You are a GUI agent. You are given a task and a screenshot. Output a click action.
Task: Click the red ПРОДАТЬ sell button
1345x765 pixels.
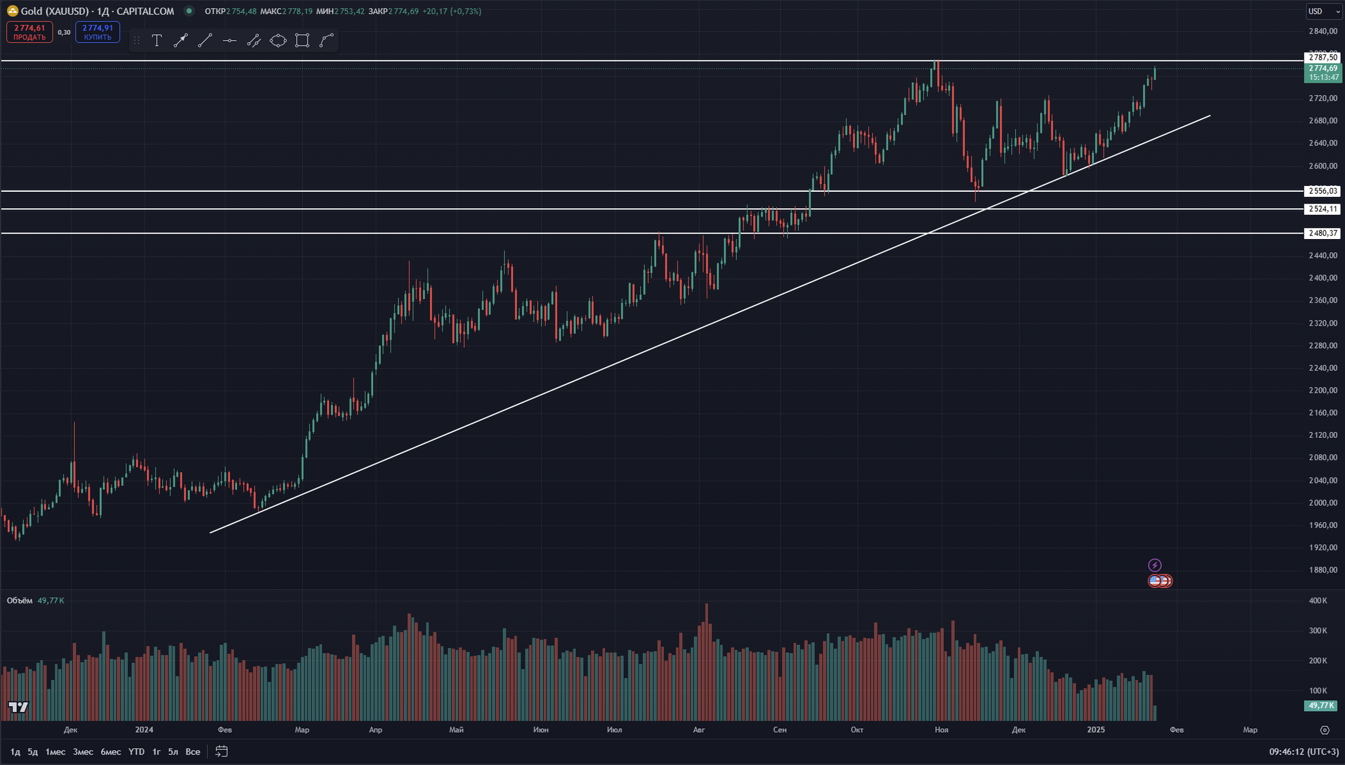point(30,32)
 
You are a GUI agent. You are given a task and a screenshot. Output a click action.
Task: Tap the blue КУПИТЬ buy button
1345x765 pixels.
point(97,32)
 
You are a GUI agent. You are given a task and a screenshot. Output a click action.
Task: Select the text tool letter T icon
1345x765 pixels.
point(157,41)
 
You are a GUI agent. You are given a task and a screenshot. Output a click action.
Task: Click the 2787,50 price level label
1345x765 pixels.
point(1323,58)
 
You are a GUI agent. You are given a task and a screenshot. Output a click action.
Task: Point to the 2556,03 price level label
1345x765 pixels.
point(1323,191)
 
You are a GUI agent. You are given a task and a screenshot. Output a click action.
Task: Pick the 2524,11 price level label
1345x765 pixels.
point(1323,209)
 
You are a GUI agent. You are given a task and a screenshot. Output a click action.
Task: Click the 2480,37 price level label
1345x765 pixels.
point(1323,233)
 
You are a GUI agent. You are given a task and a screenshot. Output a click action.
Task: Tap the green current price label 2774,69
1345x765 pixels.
point(1323,68)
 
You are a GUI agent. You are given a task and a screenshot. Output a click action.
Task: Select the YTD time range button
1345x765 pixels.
point(136,751)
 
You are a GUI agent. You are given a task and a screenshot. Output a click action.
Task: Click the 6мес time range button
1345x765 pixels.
point(110,751)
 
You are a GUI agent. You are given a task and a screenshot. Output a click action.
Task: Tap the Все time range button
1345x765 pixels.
point(192,751)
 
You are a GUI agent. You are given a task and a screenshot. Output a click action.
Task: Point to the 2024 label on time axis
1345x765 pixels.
point(144,730)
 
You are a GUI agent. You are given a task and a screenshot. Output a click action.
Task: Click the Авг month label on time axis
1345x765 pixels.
point(699,730)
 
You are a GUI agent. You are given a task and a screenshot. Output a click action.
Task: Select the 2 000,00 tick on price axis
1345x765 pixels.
point(1323,503)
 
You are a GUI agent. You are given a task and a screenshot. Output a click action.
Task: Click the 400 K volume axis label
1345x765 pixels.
point(1317,601)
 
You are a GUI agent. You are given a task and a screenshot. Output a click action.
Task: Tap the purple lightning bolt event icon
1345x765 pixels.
point(1155,565)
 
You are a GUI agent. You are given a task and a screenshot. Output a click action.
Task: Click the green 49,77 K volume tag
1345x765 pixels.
point(1321,705)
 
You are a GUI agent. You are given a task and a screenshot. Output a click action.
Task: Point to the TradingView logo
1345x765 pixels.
point(18,707)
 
